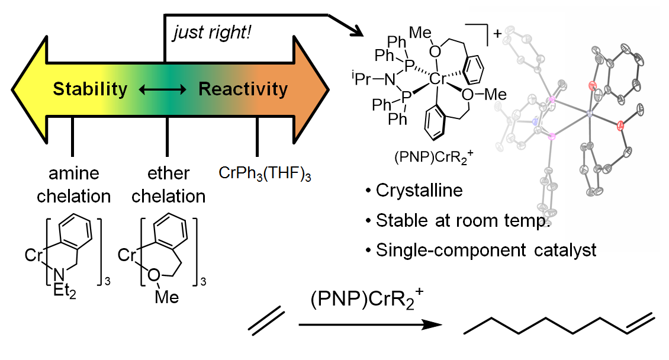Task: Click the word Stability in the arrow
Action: click(90, 89)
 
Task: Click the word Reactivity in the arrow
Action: click(243, 89)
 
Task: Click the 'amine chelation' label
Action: click(74, 184)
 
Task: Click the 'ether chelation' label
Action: click(169, 184)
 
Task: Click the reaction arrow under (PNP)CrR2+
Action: click(371, 325)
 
